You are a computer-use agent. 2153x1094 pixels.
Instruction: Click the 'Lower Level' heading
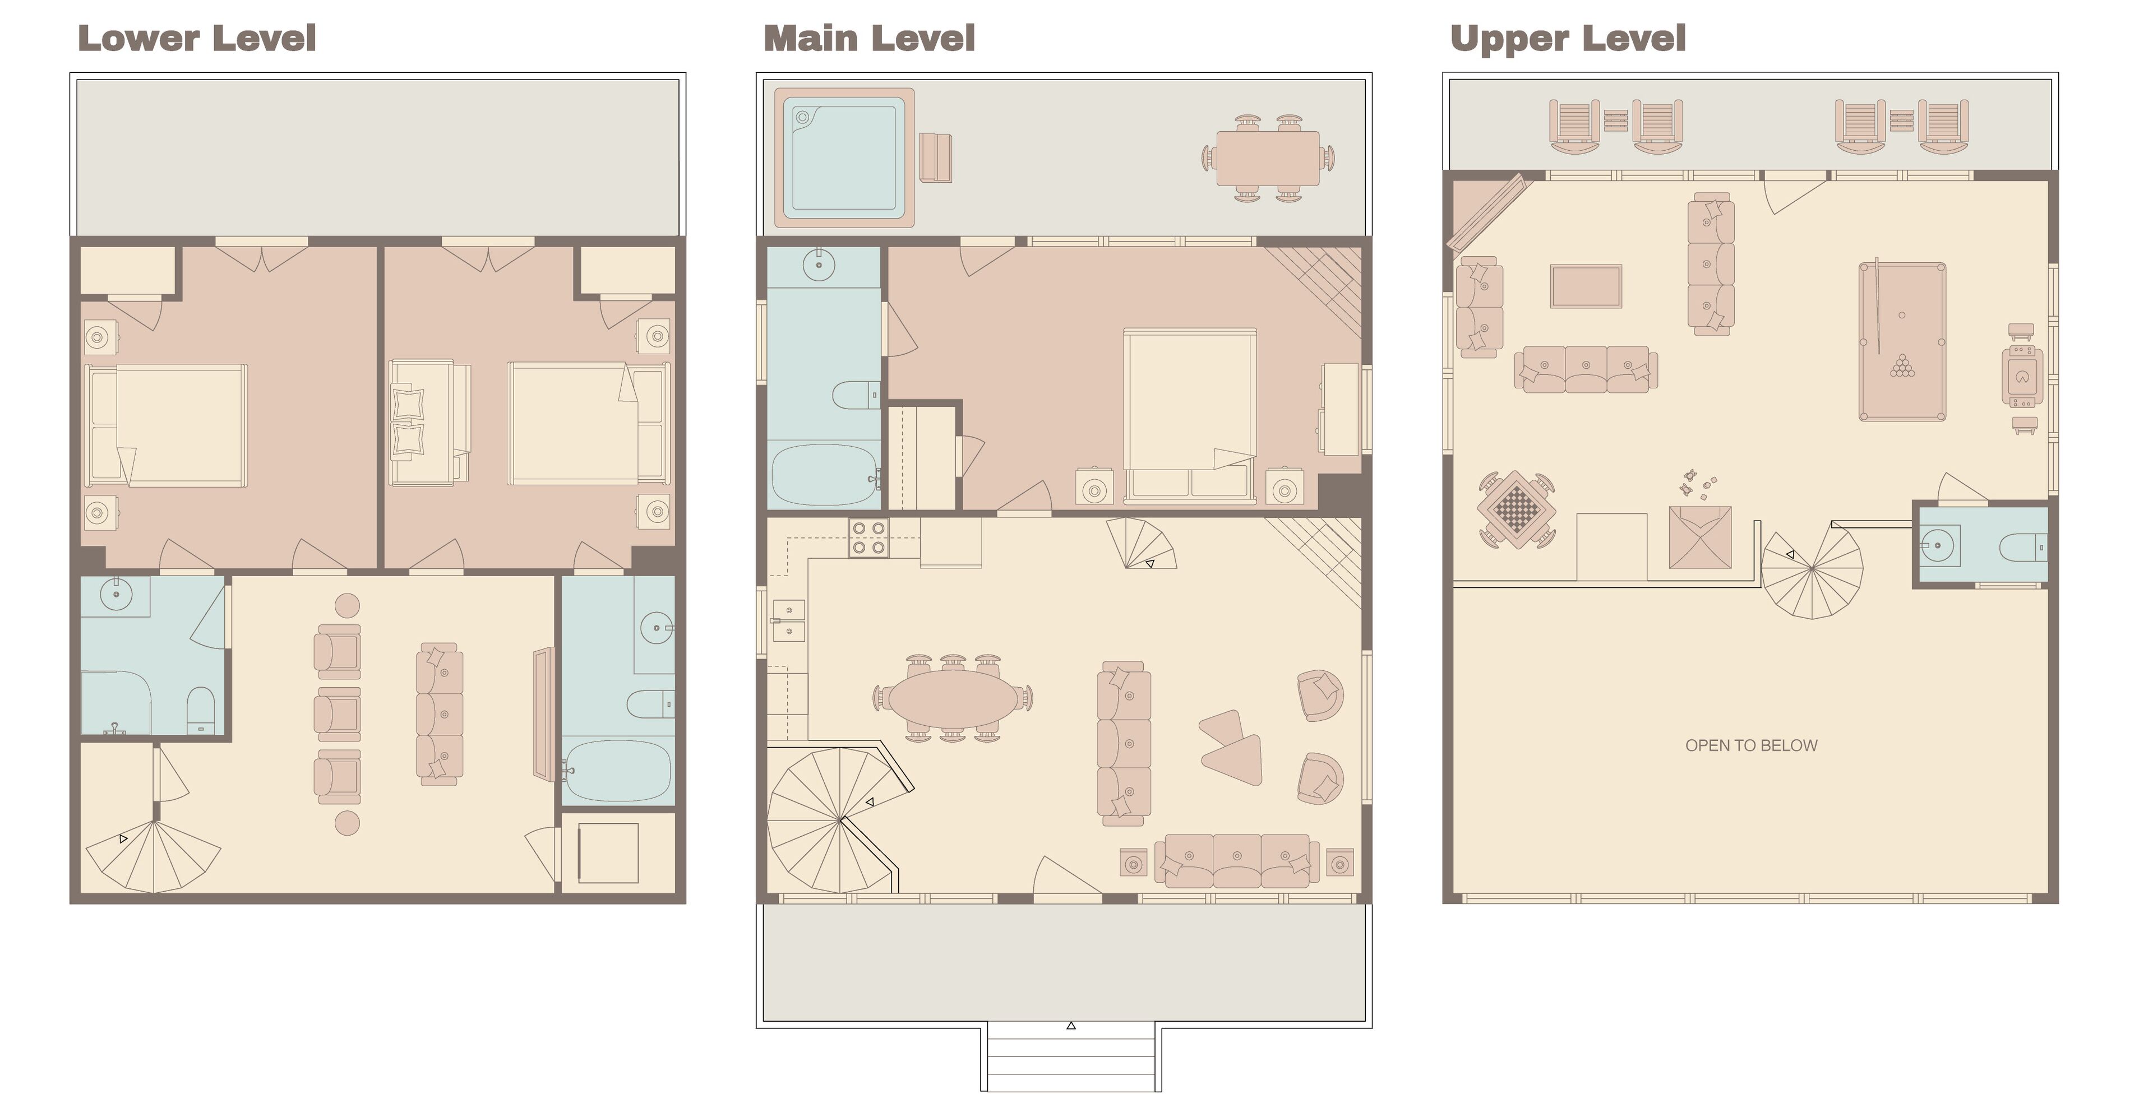(x=197, y=39)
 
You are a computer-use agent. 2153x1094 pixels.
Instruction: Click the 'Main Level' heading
(x=869, y=39)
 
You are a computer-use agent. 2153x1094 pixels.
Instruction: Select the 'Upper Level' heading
(x=1568, y=39)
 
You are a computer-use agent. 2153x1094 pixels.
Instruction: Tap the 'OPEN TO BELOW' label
(x=1751, y=745)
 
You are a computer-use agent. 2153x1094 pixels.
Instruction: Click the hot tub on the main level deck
(x=844, y=158)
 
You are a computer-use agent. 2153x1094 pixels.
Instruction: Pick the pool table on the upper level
(x=1902, y=342)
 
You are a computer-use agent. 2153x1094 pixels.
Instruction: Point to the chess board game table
(x=1516, y=508)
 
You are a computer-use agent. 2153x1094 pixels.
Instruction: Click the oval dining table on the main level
(x=953, y=698)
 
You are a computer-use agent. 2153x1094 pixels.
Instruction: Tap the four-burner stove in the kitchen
(x=868, y=538)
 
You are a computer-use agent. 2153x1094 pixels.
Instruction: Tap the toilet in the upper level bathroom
(x=2024, y=548)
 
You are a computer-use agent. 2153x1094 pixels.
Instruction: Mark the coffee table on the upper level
(x=1586, y=286)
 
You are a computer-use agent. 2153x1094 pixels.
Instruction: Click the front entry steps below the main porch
(x=1071, y=1056)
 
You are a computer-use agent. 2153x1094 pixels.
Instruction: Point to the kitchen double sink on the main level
(x=788, y=620)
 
